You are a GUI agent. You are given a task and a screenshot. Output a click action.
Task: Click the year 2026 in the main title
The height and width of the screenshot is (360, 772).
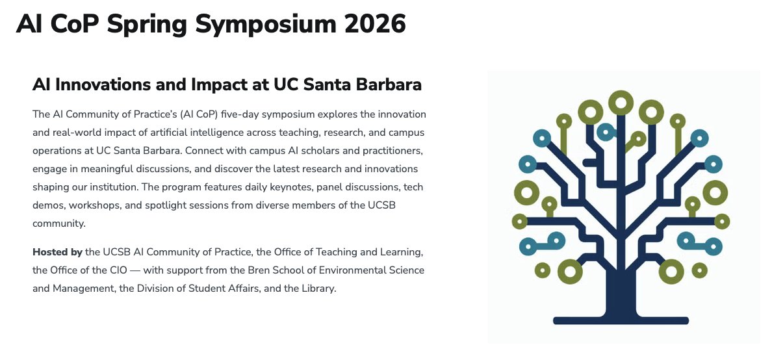[375, 23]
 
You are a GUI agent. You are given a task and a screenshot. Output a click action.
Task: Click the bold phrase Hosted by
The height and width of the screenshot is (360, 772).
[57, 253]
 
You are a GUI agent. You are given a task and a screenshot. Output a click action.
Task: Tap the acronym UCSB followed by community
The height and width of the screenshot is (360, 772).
[381, 205]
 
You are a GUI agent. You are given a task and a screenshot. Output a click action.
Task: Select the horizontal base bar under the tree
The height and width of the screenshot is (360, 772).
[621, 320]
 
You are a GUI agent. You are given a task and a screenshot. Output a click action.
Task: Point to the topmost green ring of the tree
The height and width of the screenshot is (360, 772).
[621, 103]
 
